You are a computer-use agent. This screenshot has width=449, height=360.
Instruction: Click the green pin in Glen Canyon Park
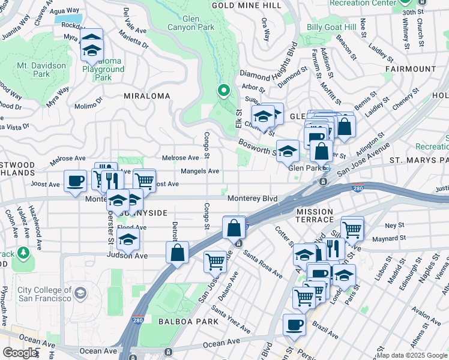click(224, 91)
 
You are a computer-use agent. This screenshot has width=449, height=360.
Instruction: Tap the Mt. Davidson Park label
click(33, 70)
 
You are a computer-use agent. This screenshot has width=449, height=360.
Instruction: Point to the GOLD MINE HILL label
click(246, 5)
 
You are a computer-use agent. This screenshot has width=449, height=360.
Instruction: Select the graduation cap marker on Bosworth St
click(288, 151)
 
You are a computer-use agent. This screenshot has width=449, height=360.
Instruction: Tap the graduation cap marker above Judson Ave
click(128, 240)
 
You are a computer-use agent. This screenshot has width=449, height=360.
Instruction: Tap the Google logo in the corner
click(19, 353)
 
